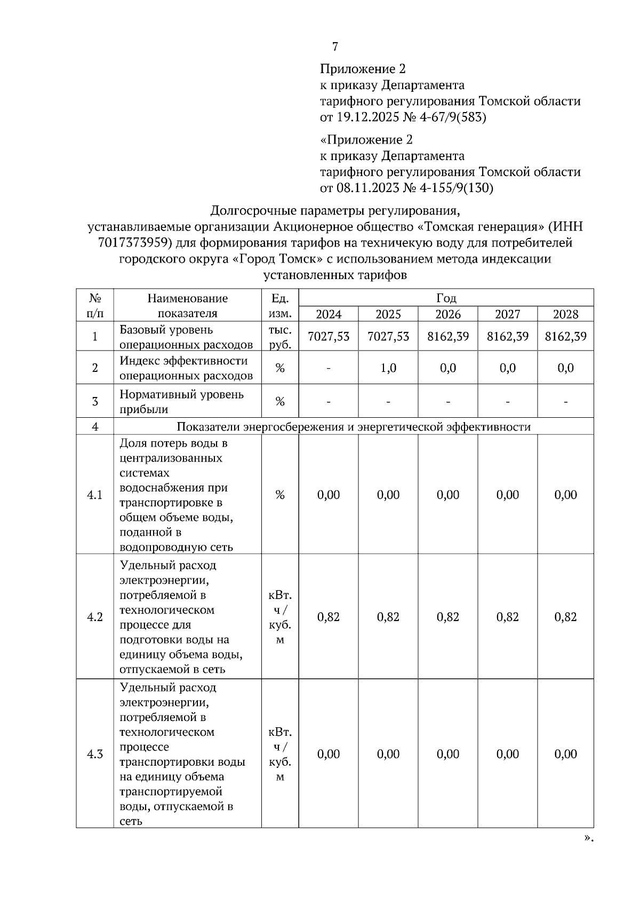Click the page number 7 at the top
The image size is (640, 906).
click(x=335, y=47)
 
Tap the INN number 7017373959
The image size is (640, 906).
click(x=134, y=243)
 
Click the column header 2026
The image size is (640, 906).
click(x=447, y=314)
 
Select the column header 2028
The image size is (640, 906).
click(x=565, y=314)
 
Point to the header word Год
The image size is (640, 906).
click(x=446, y=298)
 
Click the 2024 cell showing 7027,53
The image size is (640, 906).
click(x=329, y=336)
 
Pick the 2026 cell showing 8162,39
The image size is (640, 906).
click(x=447, y=336)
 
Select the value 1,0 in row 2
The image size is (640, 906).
click(x=388, y=368)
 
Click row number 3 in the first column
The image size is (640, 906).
click(x=95, y=401)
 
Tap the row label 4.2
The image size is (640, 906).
click(x=95, y=617)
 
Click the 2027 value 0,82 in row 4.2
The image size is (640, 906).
click(x=507, y=617)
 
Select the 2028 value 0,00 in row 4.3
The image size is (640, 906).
click(x=565, y=754)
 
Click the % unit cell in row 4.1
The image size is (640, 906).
click(x=280, y=495)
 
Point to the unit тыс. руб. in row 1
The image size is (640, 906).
click(x=280, y=337)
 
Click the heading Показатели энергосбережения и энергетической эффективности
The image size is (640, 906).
click(x=353, y=427)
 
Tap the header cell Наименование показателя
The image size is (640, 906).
click(x=188, y=306)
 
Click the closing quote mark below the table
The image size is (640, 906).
click(x=588, y=838)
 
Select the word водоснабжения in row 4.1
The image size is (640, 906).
click(x=173, y=488)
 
